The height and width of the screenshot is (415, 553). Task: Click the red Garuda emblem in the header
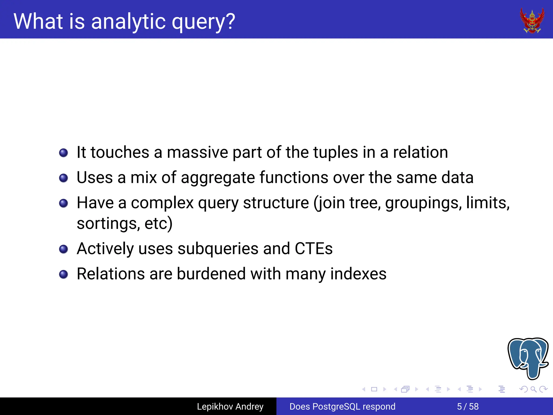tap(532, 21)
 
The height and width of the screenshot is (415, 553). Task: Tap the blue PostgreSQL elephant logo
tap(528, 358)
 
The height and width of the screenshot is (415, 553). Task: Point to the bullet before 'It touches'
tap(63, 153)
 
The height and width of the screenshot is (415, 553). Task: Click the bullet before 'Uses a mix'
tap(63, 178)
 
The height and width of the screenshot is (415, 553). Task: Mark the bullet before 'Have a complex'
tap(63, 203)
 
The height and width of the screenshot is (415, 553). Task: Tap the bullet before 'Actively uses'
tap(63, 249)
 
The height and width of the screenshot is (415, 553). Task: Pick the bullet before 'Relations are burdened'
tap(63, 274)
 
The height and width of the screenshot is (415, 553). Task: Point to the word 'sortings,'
tap(108, 224)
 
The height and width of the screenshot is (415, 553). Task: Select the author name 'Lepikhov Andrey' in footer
tap(230, 406)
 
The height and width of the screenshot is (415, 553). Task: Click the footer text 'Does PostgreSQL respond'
tap(342, 406)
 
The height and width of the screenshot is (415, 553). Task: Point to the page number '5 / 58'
tap(468, 406)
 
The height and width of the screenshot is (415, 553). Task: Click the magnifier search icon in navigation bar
tap(533, 389)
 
